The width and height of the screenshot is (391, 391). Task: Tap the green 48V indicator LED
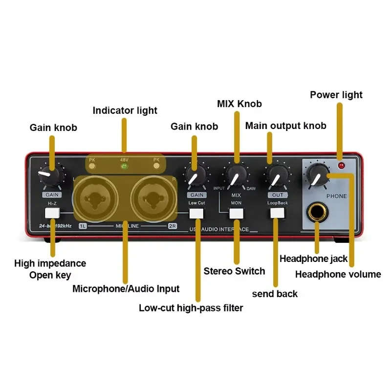(x=124, y=166)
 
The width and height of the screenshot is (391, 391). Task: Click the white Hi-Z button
(x=52, y=213)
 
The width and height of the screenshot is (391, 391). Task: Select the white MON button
(x=237, y=213)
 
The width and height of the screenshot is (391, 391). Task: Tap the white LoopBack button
(x=277, y=213)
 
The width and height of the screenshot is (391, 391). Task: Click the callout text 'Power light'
(x=336, y=94)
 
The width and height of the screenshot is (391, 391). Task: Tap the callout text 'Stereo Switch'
(x=234, y=271)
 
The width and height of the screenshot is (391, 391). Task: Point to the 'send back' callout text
(x=275, y=294)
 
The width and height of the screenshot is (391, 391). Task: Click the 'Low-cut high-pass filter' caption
(x=191, y=308)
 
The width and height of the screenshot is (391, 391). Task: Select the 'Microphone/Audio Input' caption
(x=126, y=289)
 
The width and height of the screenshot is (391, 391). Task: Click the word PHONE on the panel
(x=336, y=196)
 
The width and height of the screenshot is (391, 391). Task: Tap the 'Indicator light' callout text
(x=125, y=110)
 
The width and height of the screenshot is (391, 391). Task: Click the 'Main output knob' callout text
(x=285, y=126)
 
